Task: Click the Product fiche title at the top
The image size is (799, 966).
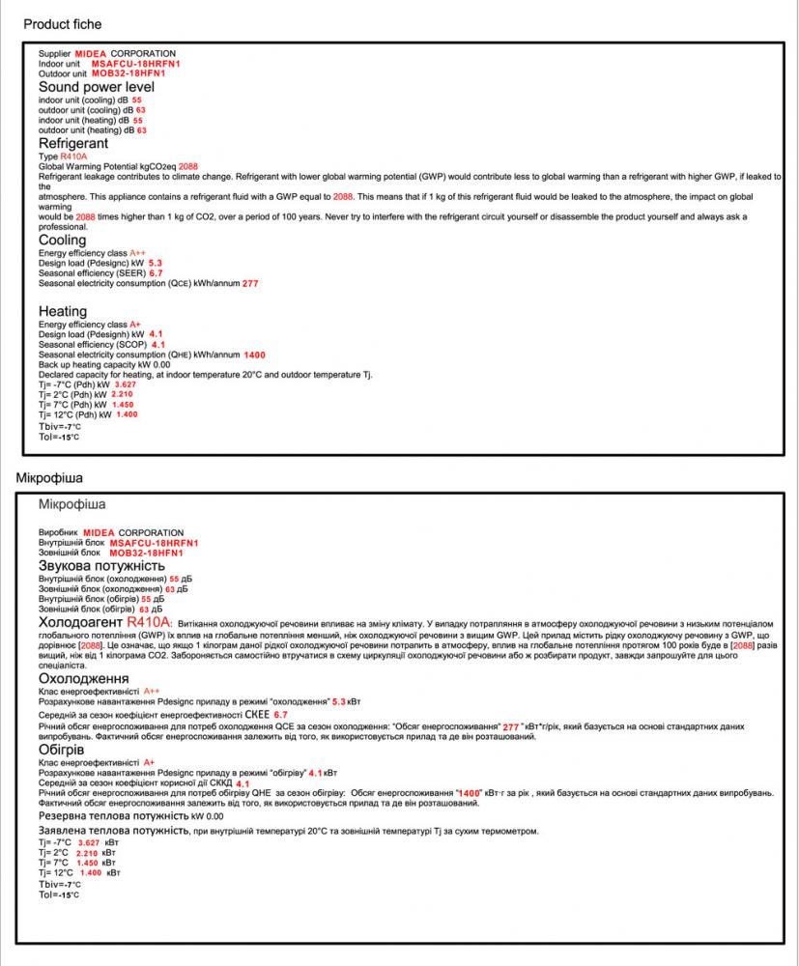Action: click(x=62, y=23)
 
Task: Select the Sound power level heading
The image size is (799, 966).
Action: click(x=97, y=87)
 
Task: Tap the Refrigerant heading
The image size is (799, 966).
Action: click(x=73, y=143)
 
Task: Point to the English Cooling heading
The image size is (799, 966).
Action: click(x=63, y=241)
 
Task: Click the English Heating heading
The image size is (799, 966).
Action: click(x=63, y=311)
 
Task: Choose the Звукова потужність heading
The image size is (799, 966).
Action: click(x=102, y=565)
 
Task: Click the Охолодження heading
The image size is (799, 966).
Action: click(x=83, y=678)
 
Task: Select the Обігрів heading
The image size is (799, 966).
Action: click(x=63, y=750)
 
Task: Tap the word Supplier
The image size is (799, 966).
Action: click(x=54, y=53)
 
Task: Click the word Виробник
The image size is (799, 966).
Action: click(x=58, y=532)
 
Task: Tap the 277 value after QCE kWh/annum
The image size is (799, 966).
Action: click(x=250, y=284)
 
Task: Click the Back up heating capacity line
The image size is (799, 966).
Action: click(x=104, y=364)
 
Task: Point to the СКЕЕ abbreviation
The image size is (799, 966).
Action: click(x=256, y=714)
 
